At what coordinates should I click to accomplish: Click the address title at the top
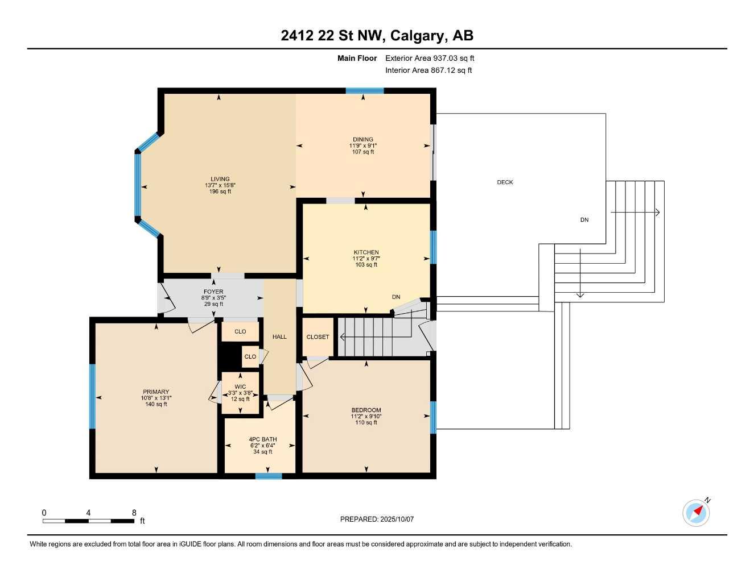pyautogui.click(x=377, y=36)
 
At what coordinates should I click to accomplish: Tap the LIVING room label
pyautogui.click(x=220, y=179)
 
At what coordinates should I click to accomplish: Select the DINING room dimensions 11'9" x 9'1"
pyautogui.click(x=363, y=146)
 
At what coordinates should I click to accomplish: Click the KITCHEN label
pyautogui.click(x=366, y=252)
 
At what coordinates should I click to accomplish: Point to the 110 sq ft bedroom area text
pyautogui.click(x=366, y=423)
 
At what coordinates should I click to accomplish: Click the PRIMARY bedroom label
pyautogui.click(x=156, y=392)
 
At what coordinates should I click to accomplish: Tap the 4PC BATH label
pyautogui.click(x=263, y=439)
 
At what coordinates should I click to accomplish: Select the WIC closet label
pyautogui.click(x=240, y=387)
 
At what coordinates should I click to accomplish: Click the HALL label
pyautogui.click(x=279, y=337)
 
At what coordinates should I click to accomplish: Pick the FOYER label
pyautogui.click(x=213, y=292)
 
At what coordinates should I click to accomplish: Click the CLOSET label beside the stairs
pyautogui.click(x=318, y=337)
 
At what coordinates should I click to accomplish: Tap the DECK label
pyautogui.click(x=505, y=182)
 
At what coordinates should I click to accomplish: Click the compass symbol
pyautogui.click(x=696, y=513)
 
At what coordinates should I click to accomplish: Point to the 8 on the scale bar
pyautogui.click(x=134, y=513)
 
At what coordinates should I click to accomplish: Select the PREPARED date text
pyautogui.click(x=377, y=519)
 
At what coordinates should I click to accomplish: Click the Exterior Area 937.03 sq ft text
pyautogui.click(x=430, y=58)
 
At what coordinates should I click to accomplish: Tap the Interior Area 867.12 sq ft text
pyautogui.click(x=428, y=70)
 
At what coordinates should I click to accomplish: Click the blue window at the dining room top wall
pyautogui.click(x=365, y=91)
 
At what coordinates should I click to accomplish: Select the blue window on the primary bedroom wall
pyautogui.click(x=92, y=396)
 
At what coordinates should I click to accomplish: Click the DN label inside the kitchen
pyautogui.click(x=396, y=297)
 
